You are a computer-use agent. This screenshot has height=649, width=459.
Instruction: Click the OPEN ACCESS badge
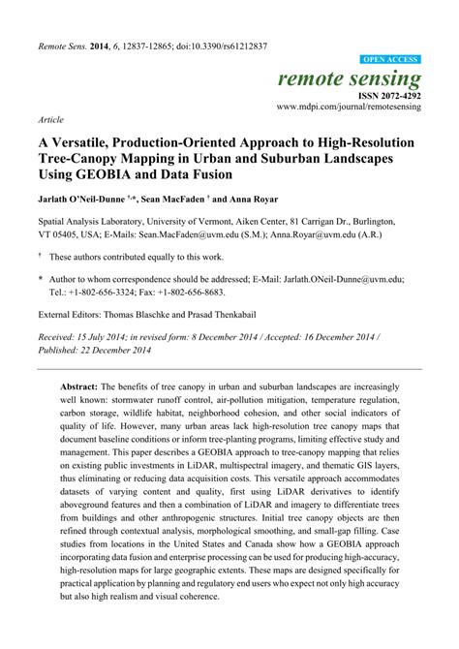click(x=390, y=59)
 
